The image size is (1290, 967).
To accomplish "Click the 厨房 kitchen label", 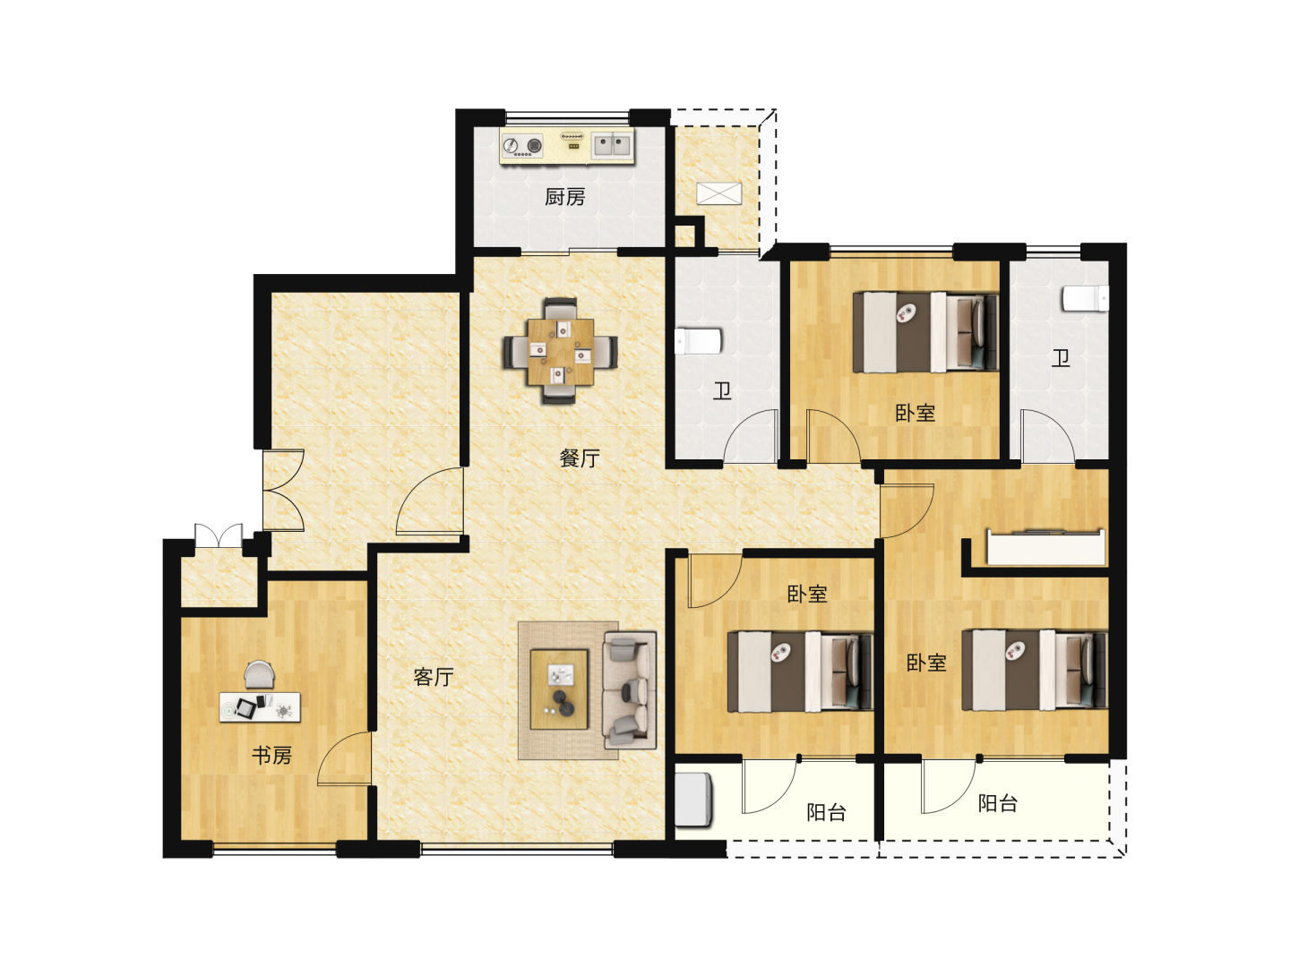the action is point(564,197).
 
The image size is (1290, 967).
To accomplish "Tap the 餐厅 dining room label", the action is point(579,458).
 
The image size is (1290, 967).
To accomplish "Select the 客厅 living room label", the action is point(433,677).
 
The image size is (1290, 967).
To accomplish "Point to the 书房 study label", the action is point(271,755).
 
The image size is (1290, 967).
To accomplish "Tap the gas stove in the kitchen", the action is point(521,145).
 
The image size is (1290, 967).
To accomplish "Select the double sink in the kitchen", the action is point(613,144).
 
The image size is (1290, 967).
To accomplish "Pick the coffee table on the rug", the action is point(559,689).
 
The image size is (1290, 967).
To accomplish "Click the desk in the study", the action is point(260,707).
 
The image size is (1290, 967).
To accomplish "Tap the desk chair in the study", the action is point(259,674).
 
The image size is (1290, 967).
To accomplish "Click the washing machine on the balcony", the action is point(693,800).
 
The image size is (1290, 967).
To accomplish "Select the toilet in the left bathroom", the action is point(698,341).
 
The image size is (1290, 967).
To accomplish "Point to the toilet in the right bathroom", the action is point(1085,297).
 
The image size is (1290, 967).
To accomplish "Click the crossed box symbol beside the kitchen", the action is point(718,193).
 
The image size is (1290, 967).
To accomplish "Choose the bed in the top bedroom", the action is point(925,332).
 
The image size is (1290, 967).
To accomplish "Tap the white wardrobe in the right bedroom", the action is point(1046,547).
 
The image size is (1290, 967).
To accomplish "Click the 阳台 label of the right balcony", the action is point(997,802).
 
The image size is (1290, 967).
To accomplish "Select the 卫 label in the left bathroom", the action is point(722,390).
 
